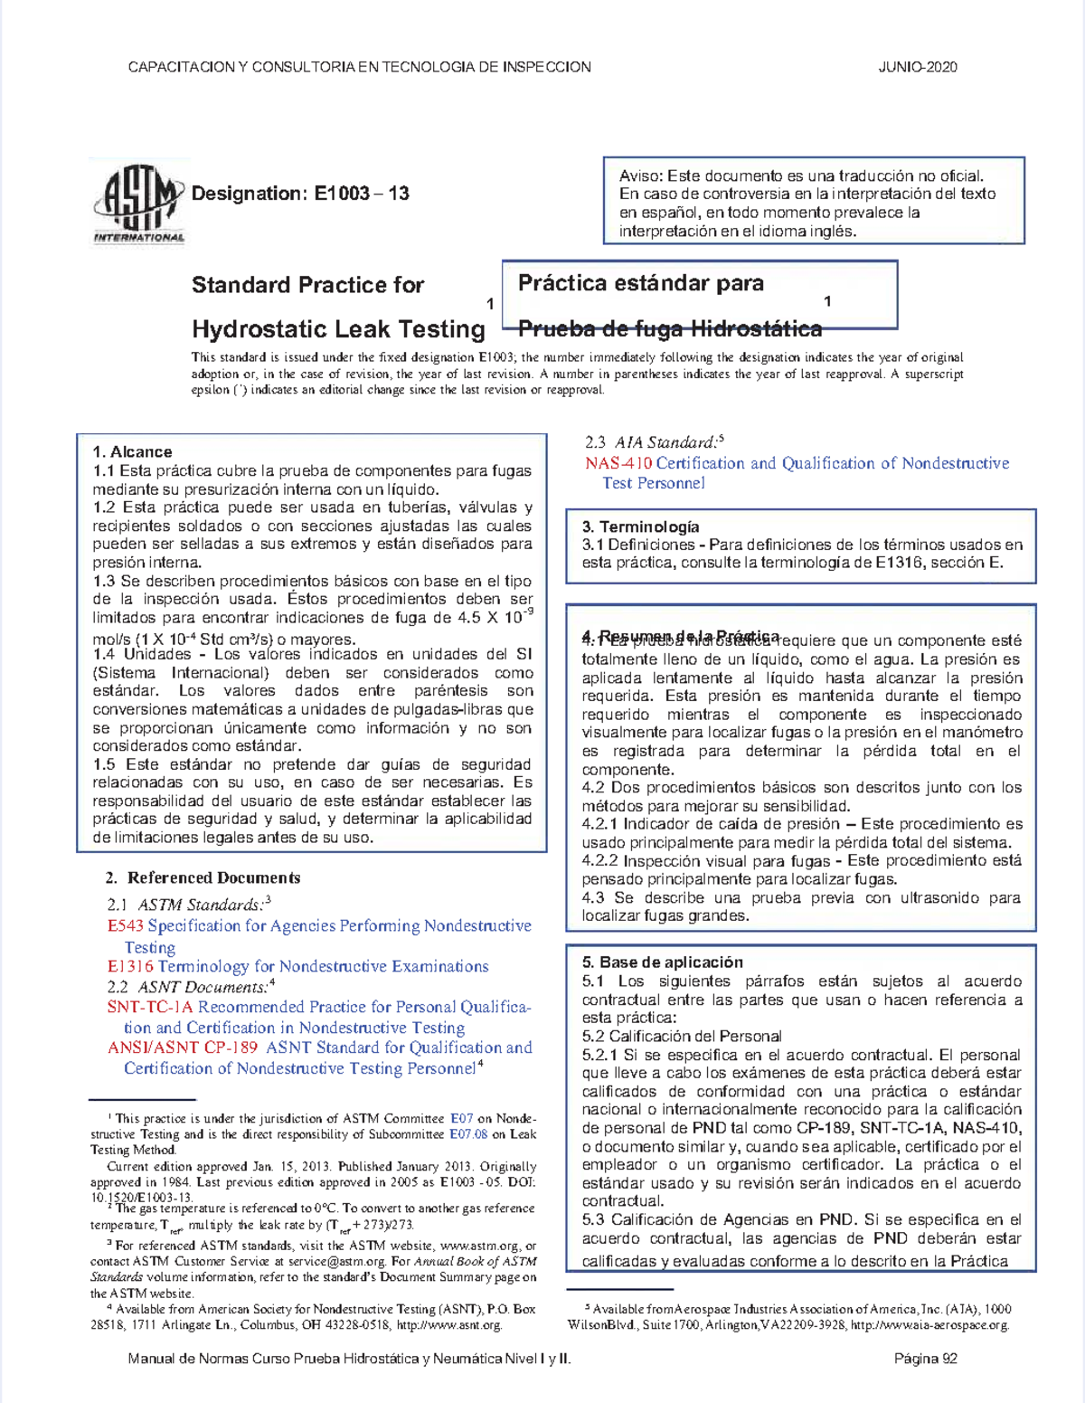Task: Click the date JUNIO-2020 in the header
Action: coord(917,67)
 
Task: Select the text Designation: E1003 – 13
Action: coord(300,194)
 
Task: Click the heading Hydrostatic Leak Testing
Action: coord(338,329)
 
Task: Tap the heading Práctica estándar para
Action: coord(640,283)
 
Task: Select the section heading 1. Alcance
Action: coord(132,451)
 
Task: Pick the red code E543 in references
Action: coord(125,925)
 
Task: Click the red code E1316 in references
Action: coord(130,966)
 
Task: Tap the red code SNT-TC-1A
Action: coord(149,1007)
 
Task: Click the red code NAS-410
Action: coord(618,463)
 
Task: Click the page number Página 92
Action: coord(925,1358)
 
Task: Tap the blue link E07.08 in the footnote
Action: coord(468,1134)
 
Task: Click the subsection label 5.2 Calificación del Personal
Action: coord(682,1036)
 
